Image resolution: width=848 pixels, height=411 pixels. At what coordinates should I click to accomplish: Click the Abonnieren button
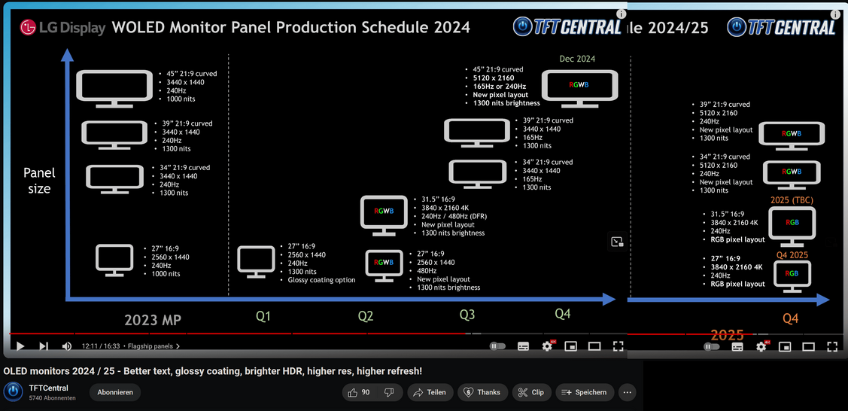click(x=115, y=393)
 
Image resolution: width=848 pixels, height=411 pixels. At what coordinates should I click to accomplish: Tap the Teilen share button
click(x=430, y=393)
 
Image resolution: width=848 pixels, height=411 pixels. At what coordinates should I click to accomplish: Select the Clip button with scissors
click(x=531, y=393)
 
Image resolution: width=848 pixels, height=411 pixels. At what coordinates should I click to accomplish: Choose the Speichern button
click(x=585, y=393)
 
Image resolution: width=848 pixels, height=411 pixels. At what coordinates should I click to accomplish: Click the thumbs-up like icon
click(x=353, y=393)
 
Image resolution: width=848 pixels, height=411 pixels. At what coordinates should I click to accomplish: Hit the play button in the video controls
click(x=20, y=346)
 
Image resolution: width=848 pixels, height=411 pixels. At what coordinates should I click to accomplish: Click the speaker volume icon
click(x=67, y=346)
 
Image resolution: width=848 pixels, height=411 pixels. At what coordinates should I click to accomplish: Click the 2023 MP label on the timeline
click(x=153, y=320)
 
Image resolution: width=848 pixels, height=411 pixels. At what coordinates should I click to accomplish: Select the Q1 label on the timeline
click(x=263, y=317)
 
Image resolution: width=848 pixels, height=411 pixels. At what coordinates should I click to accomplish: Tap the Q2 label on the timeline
click(x=366, y=317)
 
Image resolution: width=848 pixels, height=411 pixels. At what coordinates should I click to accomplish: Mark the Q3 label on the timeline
click(x=468, y=314)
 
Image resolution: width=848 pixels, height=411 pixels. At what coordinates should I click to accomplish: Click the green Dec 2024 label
click(x=578, y=59)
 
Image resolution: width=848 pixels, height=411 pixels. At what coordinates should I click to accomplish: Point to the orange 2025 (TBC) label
click(x=792, y=200)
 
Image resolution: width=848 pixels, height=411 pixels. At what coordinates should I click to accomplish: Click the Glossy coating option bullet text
click(x=321, y=280)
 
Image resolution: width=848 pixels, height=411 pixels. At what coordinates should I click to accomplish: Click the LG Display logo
click(x=62, y=28)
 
